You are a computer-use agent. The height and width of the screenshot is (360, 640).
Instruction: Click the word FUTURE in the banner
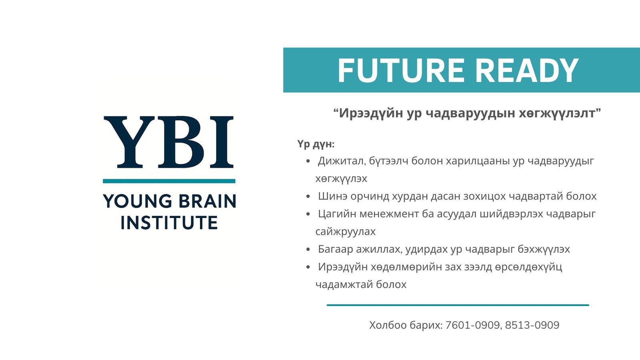400,70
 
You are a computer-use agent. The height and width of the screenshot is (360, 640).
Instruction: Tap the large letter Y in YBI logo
129,142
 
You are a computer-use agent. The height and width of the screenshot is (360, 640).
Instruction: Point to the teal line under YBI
169,181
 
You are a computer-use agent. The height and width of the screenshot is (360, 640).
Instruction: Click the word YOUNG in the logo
138,201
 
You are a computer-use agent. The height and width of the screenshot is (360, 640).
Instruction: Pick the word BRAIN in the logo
208,201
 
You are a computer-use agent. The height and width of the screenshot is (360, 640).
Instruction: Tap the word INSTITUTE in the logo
170,222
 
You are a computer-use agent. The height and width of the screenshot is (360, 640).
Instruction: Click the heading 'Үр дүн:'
316,144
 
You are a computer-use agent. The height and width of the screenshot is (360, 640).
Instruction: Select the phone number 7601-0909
472,325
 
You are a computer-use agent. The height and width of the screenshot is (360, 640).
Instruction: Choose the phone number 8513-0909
532,325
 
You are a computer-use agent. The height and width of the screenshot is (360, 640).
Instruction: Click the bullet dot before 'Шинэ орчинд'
308,196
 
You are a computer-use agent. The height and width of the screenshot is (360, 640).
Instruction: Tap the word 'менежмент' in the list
389,214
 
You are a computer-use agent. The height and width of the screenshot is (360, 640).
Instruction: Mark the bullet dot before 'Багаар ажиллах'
308,250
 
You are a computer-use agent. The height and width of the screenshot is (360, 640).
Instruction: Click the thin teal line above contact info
458,305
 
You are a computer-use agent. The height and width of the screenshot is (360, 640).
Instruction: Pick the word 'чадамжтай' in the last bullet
344,285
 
